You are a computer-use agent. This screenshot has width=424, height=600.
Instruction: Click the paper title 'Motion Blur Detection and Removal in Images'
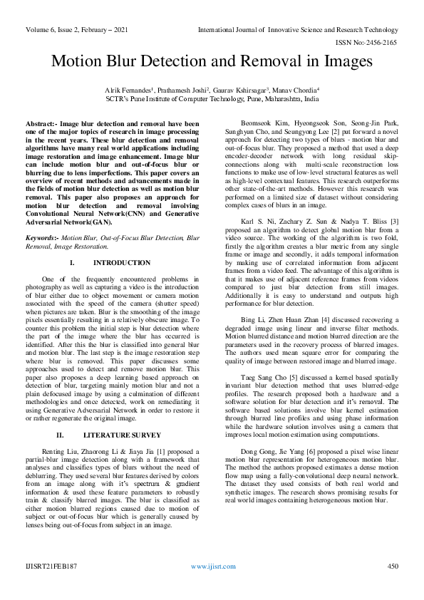212,62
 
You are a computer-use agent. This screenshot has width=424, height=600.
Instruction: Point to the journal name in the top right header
297,29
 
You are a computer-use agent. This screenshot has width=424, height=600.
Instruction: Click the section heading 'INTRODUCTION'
122,263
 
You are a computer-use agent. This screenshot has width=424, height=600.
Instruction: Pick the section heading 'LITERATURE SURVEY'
122,434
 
